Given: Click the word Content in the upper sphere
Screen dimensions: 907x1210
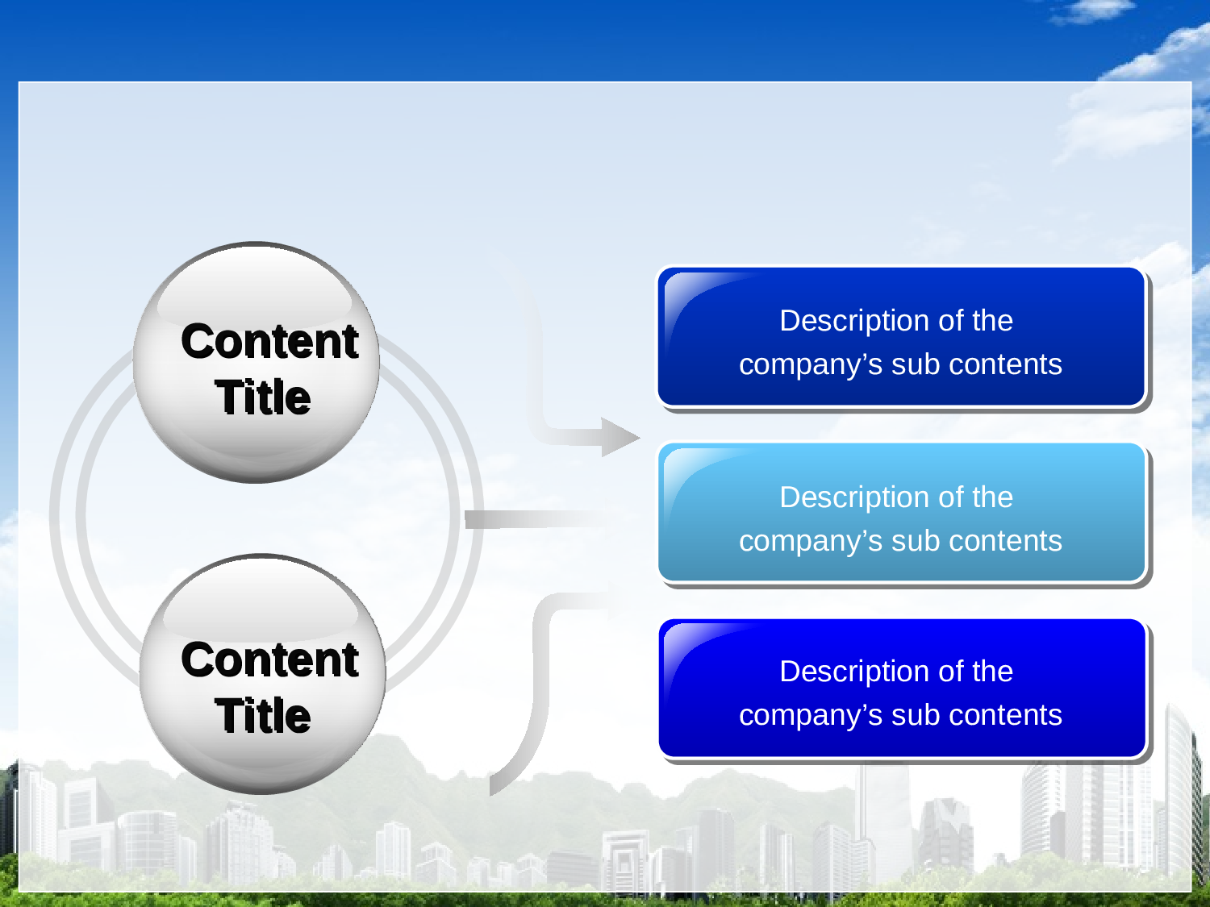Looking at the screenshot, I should coord(269,341).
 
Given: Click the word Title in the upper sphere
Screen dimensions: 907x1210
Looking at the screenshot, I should coord(263,397).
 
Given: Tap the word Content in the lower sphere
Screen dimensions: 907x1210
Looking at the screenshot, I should coord(269,659).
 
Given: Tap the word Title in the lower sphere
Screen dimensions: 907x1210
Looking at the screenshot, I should coord(263,716).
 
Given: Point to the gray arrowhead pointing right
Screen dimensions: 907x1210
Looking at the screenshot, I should coord(620,437).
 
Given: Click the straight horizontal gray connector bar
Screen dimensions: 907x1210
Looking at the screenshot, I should coord(532,519).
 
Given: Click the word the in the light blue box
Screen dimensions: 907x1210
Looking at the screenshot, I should coord(992,497).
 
